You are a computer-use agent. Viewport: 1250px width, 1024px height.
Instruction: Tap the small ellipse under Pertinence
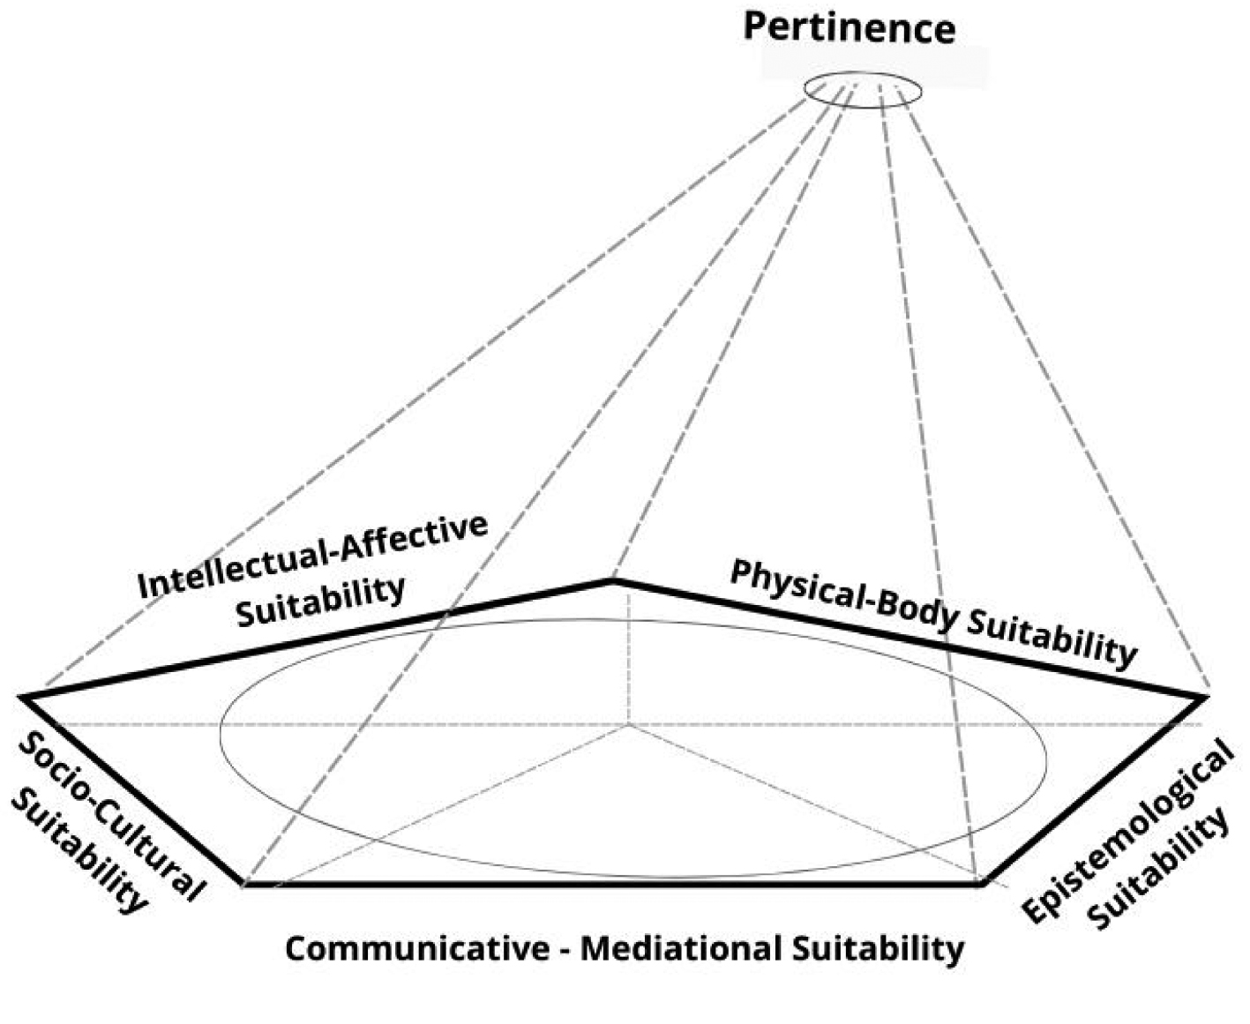tap(862, 90)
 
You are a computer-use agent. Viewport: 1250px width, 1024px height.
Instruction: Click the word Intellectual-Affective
tap(313, 556)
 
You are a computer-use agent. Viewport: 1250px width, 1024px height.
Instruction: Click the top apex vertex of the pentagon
tap(614, 579)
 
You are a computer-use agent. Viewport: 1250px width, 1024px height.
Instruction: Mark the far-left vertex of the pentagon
tap(23, 698)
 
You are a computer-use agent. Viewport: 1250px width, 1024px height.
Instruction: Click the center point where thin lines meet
tap(629, 725)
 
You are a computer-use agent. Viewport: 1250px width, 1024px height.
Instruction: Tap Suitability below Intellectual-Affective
tap(321, 602)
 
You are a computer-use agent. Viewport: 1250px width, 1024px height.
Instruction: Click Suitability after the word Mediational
tap(878, 949)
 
